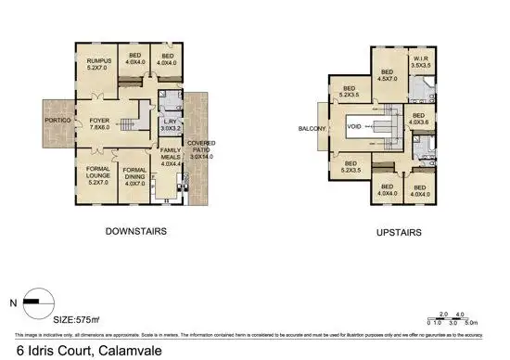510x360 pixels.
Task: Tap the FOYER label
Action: click(99, 123)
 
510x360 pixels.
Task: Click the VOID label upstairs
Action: click(353, 128)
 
